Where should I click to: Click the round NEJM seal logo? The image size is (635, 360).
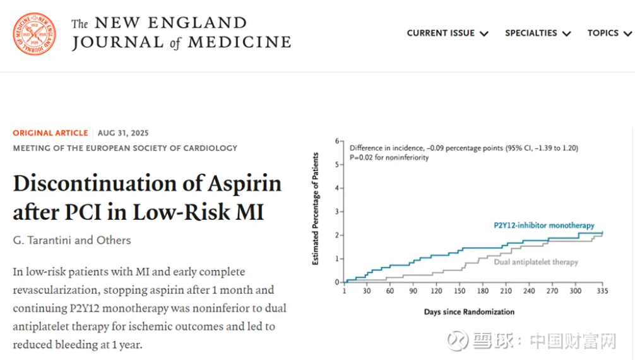point(34,34)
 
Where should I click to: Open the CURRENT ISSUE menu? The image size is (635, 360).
point(448,33)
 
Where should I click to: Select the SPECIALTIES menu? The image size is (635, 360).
point(538,33)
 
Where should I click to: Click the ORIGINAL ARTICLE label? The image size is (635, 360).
point(50,133)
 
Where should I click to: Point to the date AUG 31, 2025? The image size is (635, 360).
point(123,133)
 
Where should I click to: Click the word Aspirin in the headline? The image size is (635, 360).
point(240,183)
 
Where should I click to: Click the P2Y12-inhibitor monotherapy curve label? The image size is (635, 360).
point(544,225)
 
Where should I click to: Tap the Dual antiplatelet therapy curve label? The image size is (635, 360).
point(535,261)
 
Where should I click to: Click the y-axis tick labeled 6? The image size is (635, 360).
point(338,141)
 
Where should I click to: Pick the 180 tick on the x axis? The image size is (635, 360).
point(482,292)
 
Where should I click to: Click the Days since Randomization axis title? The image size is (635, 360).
point(468,312)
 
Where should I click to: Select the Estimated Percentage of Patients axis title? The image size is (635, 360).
point(316,208)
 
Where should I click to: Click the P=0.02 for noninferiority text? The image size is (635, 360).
point(389,157)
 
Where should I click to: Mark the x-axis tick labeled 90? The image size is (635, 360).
point(413,292)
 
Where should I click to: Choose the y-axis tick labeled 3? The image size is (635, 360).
point(338,212)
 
